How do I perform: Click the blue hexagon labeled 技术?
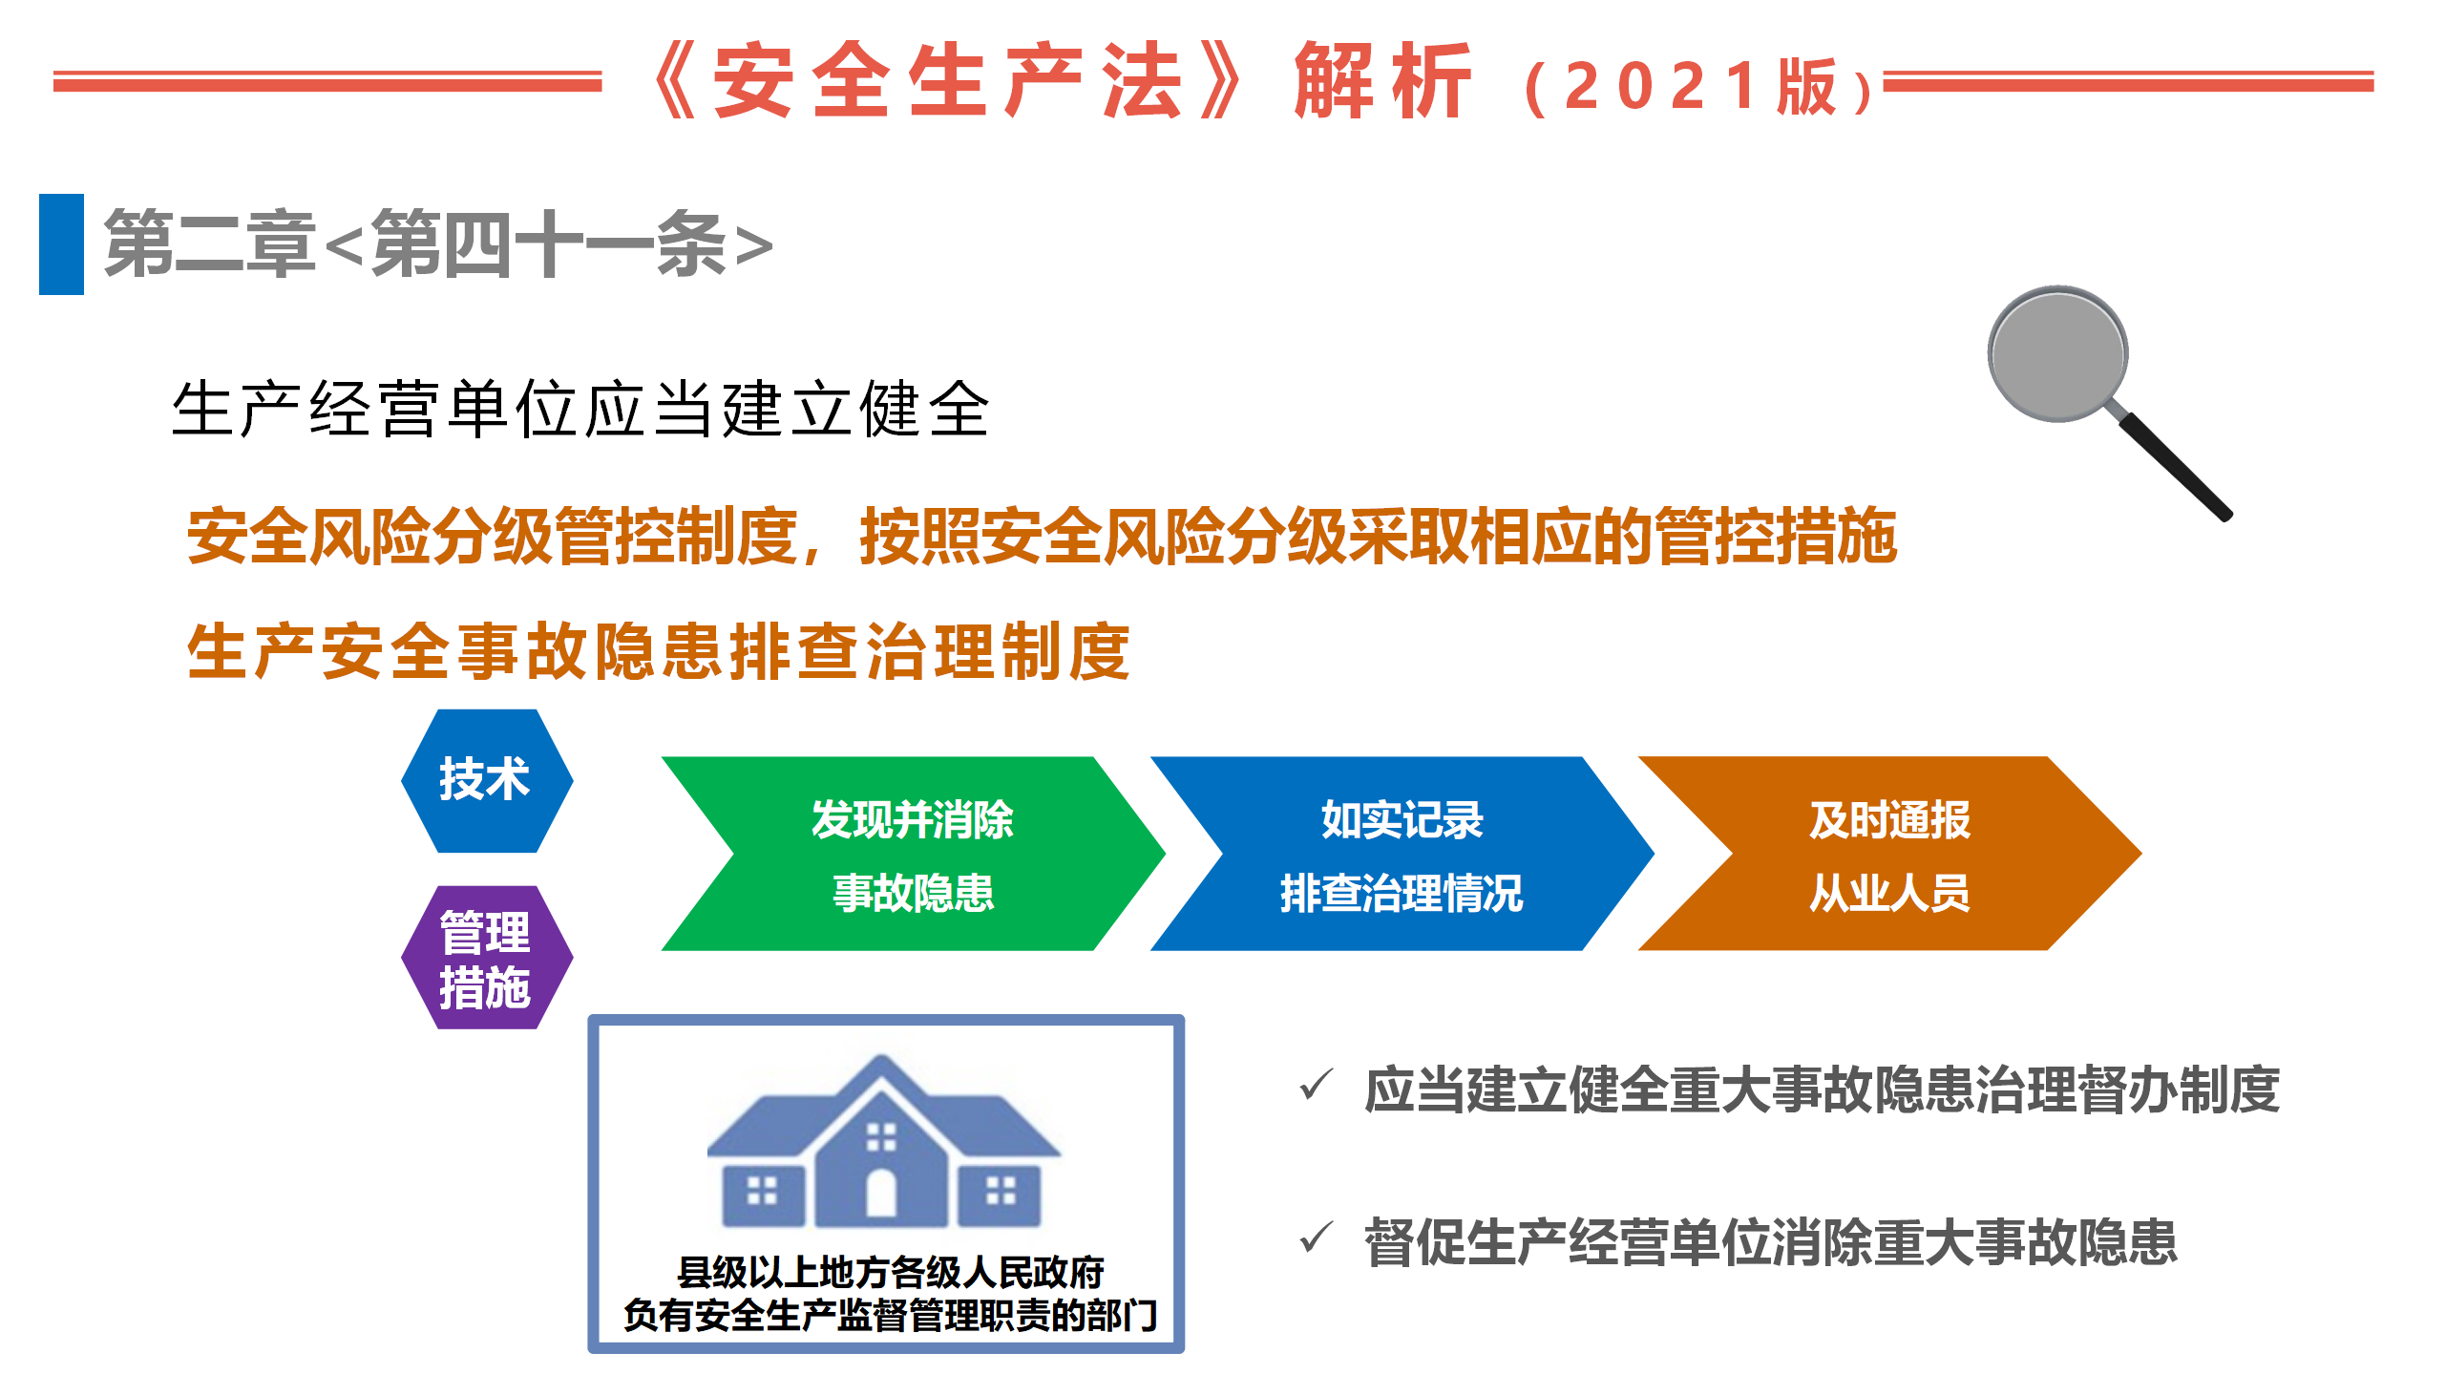coord(487,780)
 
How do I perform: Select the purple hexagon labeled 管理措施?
coord(487,958)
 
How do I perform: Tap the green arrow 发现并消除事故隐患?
coord(913,854)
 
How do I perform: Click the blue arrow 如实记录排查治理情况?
coord(1402,854)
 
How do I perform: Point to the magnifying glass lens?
coord(2057,353)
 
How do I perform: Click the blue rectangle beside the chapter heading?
coord(61,244)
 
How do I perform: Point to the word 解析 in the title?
coord(1382,81)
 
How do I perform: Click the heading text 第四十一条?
coord(549,244)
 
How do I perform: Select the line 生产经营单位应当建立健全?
coord(580,409)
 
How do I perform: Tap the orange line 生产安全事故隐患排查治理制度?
coord(659,651)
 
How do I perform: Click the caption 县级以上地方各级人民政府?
coord(890,1272)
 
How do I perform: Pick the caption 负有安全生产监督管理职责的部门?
coord(890,1315)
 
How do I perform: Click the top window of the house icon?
coord(881,1137)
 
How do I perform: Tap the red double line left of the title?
coord(327,81)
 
